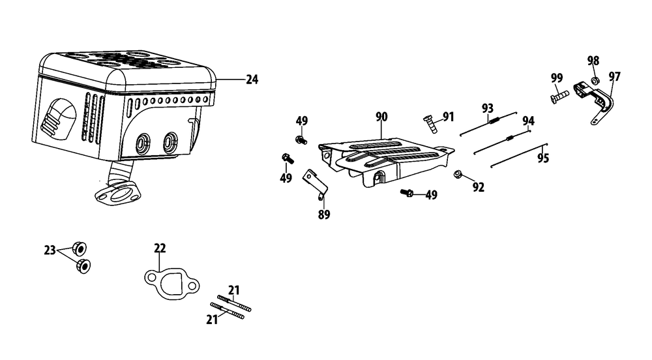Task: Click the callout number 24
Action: [x=252, y=80]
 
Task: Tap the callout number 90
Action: [x=381, y=117]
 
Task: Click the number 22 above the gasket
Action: [x=160, y=248]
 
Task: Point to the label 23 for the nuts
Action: [x=50, y=250]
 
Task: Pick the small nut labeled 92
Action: [x=458, y=173]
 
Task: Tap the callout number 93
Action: [x=487, y=108]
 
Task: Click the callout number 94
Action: [x=528, y=121]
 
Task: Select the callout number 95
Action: [x=543, y=158]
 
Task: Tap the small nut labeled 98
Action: [x=595, y=80]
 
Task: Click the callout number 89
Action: [x=324, y=215]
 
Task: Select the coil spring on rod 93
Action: [x=494, y=121]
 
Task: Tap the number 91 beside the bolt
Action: [x=448, y=117]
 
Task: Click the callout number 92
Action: [x=478, y=187]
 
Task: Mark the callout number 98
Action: [x=593, y=61]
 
